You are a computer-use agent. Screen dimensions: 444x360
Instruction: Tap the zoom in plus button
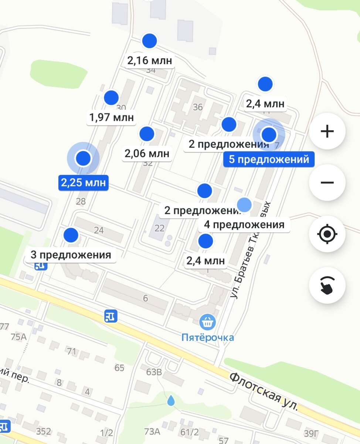tap(327, 131)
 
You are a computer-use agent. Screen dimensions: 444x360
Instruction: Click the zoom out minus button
tap(327, 182)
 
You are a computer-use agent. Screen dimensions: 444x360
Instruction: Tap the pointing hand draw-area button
tap(327, 285)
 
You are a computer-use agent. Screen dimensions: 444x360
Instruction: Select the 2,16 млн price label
tap(150, 61)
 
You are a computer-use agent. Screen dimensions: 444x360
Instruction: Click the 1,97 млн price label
tap(111, 118)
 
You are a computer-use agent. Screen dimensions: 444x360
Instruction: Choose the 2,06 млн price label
tap(147, 153)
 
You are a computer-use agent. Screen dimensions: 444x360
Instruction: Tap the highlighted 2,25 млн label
tap(83, 183)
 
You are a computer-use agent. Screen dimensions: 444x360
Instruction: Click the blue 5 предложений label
tap(269, 159)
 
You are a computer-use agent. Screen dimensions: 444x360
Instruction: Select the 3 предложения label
tap(71, 255)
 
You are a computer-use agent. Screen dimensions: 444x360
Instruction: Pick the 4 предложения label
tap(244, 225)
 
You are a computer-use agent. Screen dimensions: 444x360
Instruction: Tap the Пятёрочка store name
tap(207, 337)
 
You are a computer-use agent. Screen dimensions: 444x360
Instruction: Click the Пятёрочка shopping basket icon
tap(208, 322)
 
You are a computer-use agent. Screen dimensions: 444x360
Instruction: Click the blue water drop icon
tap(170, 400)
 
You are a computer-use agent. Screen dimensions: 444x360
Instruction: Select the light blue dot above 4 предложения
tap(244, 205)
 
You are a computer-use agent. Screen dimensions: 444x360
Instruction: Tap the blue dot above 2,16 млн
tap(150, 41)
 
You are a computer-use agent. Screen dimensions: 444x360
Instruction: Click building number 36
tap(198, 107)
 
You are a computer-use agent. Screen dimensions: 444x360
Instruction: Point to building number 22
tap(159, 228)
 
